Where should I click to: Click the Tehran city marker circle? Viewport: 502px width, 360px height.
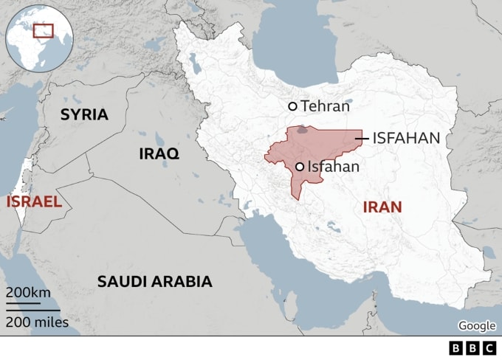click(292, 106)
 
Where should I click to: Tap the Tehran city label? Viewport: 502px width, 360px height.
click(325, 106)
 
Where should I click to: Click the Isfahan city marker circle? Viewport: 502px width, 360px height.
click(300, 167)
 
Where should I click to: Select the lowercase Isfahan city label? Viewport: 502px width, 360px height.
click(333, 167)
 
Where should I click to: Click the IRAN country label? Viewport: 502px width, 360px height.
click(382, 207)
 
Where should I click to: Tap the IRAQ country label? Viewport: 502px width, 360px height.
click(159, 153)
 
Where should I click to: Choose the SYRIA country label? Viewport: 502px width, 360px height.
click(84, 114)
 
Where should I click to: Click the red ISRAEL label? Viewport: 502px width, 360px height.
click(33, 201)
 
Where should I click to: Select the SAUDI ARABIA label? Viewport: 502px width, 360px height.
click(155, 281)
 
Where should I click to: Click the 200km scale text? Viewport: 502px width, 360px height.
click(28, 292)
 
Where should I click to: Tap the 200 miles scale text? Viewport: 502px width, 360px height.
click(37, 322)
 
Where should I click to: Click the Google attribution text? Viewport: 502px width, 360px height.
click(477, 326)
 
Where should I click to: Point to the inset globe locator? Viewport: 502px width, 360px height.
click(38, 36)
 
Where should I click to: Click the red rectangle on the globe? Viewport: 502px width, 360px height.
click(44, 31)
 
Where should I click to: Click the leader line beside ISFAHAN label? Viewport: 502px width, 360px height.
click(362, 138)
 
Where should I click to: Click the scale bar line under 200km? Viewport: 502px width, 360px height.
click(24, 302)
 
